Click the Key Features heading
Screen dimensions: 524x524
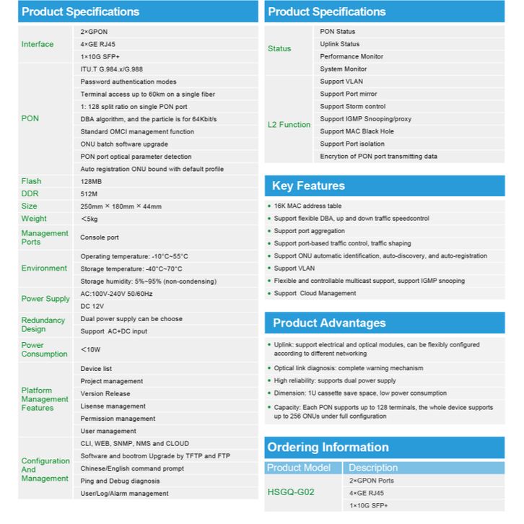point(308,186)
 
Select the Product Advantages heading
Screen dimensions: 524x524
point(328,323)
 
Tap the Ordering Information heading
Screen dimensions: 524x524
point(328,447)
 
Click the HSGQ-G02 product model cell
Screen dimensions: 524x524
point(291,492)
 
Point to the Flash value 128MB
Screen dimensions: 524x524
point(92,181)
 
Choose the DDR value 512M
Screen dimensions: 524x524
point(89,193)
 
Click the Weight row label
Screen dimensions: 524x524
point(34,219)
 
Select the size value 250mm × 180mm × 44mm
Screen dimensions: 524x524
point(121,206)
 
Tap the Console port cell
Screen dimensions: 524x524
point(100,237)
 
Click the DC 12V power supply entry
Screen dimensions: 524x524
point(93,306)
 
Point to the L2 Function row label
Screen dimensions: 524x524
point(289,125)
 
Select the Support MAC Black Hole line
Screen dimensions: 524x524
point(356,131)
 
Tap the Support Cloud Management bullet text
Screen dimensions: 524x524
point(315,293)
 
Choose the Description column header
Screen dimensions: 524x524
point(373,468)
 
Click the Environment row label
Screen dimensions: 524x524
point(44,268)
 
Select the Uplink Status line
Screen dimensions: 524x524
point(339,44)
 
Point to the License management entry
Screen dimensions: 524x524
point(113,406)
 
